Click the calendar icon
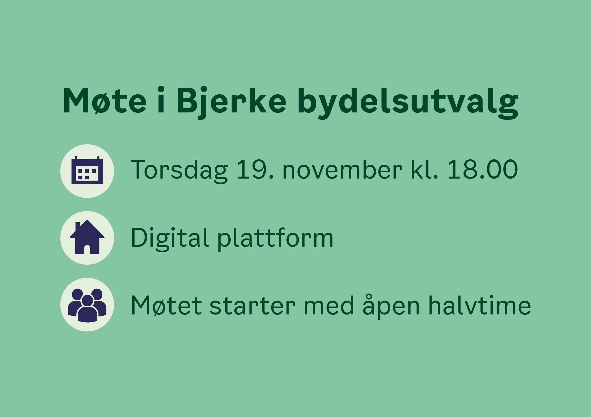coord(87,170)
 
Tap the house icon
coord(87,237)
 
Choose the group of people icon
coord(87,305)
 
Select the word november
coord(342,169)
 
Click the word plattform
coord(275,238)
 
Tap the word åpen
coord(391,307)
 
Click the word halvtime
coord(479,305)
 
